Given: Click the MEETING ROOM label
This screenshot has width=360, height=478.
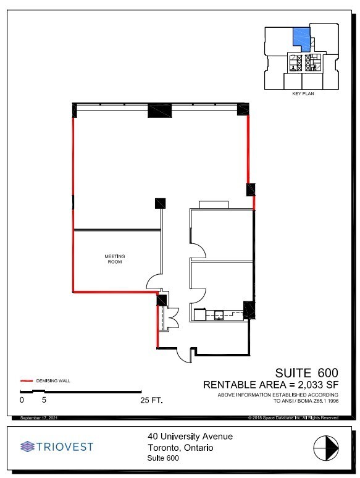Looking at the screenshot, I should click(114, 259).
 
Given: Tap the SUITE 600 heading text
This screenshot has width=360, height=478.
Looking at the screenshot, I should click(307, 372).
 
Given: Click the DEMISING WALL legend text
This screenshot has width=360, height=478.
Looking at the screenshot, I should click(53, 381).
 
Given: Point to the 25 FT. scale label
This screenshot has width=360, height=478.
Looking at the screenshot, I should click(151, 400).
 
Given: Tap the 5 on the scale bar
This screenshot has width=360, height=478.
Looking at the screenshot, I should click(44, 400).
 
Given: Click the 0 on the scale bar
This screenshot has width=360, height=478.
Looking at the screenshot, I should click(22, 400).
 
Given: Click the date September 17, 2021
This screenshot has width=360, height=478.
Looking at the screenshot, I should click(39, 418).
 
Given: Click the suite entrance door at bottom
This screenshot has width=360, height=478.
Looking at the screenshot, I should click(183, 354).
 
